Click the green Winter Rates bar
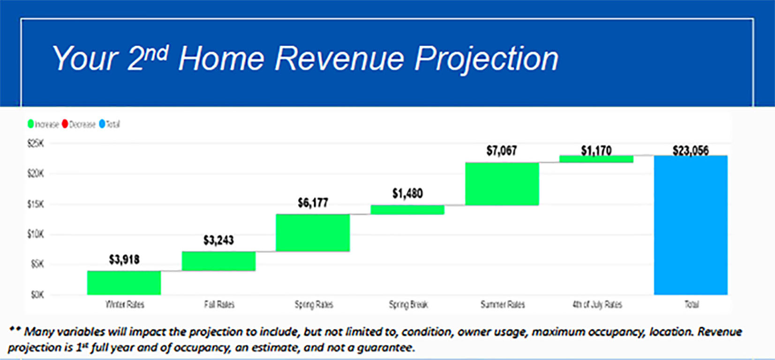pyautogui.click(x=124, y=283)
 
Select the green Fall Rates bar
pyautogui.click(x=218, y=261)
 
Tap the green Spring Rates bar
pyautogui.click(x=313, y=232)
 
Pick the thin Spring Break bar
pyautogui.click(x=407, y=210)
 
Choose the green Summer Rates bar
pyautogui.click(x=502, y=184)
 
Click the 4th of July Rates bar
pyautogui.click(x=596, y=159)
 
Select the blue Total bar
pyautogui.click(x=691, y=225)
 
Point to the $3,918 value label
pyautogui.click(x=124, y=259)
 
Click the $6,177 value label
pyautogui.click(x=313, y=202)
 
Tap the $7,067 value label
pyautogui.click(x=501, y=150)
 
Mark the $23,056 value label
pyautogui.click(x=691, y=150)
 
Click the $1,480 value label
pyautogui.click(x=407, y=193)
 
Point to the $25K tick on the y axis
pyautogui.click(x=35, y=143)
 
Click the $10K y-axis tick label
pyautogui.click(x=35, y=234)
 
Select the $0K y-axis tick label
pyautogui.click(x=37, y=295)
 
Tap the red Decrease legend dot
pyautogui.click(x=65, y=124)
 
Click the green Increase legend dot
pyautogui.click(x=31, y=124)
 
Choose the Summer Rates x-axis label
pyautogui.click(x=503, y=305)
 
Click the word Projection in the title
pyautogui.click(x=486, y=60)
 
